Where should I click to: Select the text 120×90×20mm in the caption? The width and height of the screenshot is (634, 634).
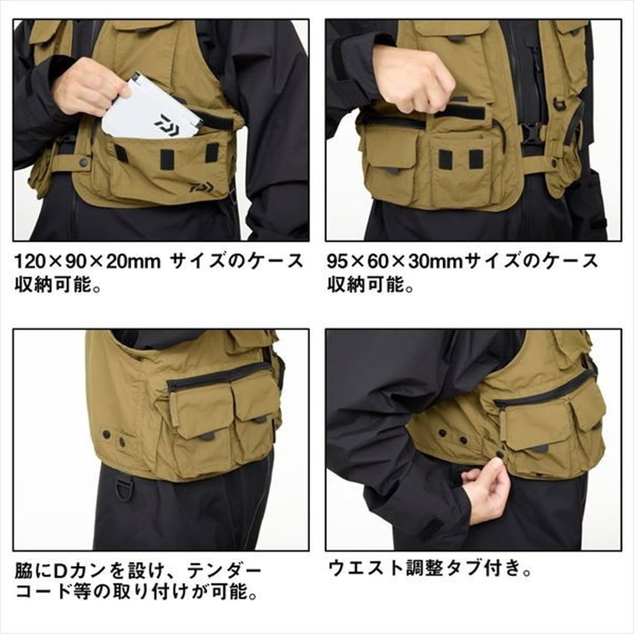(x=87, y=262)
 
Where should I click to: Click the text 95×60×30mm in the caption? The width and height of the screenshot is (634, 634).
(x=395, y=262)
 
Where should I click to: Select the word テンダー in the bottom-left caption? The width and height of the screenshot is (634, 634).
(x=224, y=571)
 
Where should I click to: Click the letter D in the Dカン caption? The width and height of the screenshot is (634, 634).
(x=59, y=571)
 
